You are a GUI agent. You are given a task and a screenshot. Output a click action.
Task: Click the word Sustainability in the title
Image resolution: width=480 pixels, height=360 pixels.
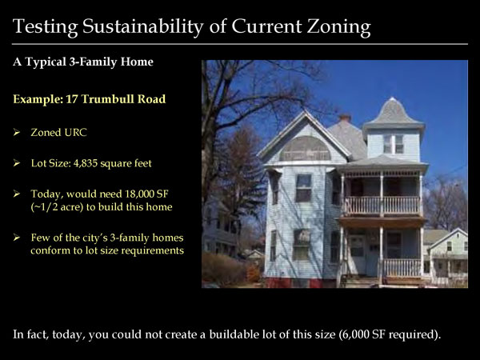click(x=143, y=27)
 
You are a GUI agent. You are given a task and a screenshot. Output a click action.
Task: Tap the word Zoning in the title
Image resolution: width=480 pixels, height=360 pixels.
click(x=339, y=27)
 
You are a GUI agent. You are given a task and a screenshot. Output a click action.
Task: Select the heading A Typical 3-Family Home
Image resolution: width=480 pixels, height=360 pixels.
click(x=83, y=62)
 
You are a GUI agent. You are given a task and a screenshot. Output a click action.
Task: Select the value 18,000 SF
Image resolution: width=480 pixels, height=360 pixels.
click(x=146, y=194)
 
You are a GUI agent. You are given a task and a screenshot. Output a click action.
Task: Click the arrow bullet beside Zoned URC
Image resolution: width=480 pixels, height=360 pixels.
click(x=17, y=132)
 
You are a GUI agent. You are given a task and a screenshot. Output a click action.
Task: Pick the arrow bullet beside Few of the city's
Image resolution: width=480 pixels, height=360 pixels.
click(x=17, y=238)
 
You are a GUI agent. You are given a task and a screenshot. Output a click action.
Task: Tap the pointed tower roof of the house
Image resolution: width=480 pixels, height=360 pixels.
click(x=393, y=112)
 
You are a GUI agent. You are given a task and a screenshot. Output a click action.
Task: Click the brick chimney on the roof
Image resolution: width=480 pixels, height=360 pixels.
click(x=345, y=118)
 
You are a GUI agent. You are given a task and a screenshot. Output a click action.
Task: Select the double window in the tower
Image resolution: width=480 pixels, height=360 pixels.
click(x=394, y=144)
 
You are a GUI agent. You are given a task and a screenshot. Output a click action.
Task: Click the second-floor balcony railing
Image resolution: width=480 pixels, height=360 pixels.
click(x=382, y=206)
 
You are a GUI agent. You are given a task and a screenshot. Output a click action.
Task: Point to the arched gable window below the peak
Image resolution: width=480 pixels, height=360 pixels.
click(x=305, y=149)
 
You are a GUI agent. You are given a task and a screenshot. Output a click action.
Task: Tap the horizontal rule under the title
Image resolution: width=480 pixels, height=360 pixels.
click(x=240, y=44)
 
